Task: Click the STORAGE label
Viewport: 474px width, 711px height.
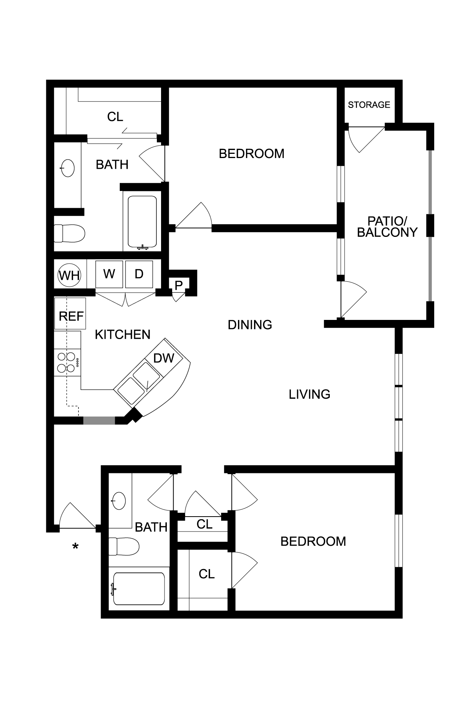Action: click(x=369, y=104)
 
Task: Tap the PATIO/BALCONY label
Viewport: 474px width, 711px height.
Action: click(x=387, y=227)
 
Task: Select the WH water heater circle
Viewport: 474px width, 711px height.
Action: click(x=70, y=275)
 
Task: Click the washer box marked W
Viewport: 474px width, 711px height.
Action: click(x=109, y=274)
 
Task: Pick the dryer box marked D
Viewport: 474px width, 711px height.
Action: click(x=139, y=274)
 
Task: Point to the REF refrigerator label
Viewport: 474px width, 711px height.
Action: click(x=71, y=316)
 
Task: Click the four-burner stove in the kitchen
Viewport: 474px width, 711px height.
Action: click(x=67, y=362)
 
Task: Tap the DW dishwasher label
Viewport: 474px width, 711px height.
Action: click(x=164, y=358)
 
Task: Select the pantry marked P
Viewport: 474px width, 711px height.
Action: click(x=179, y=285)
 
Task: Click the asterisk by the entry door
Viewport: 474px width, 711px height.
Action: click(x=76, y=546)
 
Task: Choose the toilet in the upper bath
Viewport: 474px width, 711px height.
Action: click(x=69, y=233)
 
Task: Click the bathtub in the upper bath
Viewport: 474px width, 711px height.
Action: click(x=142, y=222)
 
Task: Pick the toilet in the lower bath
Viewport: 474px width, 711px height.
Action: click(x=124, y=546)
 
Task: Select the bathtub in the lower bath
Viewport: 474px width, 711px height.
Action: click(x=139, y=589)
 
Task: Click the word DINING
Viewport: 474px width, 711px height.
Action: click(x=250, y=325)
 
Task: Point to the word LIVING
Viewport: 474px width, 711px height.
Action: click(x=309, y=394)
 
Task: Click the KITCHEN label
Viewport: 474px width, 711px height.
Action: click(x=122, y=334)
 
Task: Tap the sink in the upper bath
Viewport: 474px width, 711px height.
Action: click(x=68, y=168)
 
